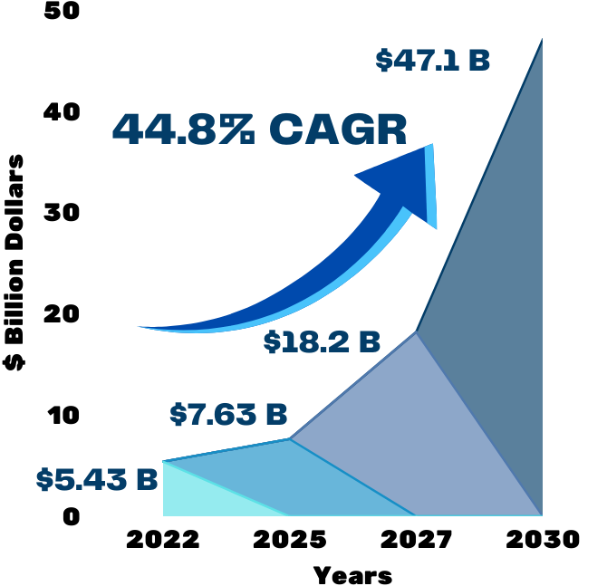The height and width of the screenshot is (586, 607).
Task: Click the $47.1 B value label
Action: tap(433, 61)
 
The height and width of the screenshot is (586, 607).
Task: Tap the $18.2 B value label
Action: tap(322, 342)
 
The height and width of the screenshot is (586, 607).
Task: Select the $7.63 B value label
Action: tap(228, 415)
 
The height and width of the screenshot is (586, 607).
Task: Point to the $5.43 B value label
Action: tap(97, 479)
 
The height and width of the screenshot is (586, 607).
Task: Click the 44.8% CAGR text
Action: tap(259, 130)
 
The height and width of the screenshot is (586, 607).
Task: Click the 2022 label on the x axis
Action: tap(163, 541)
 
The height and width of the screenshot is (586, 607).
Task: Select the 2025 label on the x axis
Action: tap(290, 541)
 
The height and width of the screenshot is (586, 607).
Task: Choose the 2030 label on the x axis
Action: tap(543, 541)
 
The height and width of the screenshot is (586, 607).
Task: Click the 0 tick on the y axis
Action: tap(71, 517)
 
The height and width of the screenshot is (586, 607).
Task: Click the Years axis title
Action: tap(353, 574)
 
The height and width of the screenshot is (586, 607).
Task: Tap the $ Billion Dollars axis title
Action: tap(15, 262)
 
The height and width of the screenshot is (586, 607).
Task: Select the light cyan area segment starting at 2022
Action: tap(195, 494)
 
